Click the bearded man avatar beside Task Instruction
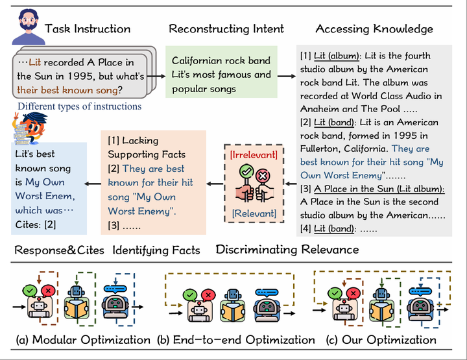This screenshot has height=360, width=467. [24, 26]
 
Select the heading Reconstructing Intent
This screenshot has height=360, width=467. [226, 29]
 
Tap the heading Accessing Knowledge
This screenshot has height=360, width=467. [374, 29]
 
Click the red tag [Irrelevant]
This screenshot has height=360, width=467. [254, 154]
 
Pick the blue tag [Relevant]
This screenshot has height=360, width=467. [254, 213]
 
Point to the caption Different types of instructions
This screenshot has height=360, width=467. [79, 106]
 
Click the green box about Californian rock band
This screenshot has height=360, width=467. [221, 75]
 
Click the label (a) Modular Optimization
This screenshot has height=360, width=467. [84, 340]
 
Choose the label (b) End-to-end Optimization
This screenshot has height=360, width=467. [237, 340]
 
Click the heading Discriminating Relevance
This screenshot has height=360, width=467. [287, 250]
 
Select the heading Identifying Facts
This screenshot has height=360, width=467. [156, 250]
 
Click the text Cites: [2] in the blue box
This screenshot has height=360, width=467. [36, 224]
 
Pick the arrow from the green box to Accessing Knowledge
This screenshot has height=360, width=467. [287, 75]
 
